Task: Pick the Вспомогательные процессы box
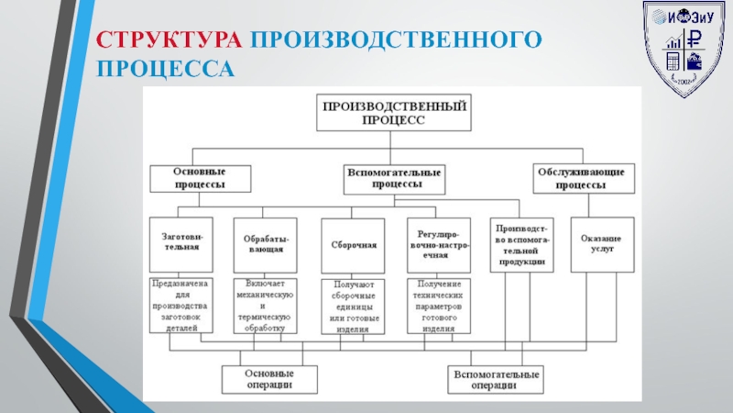pyautogui.click(x=394, y=178)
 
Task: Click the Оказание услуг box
pyautogui.click(x=602, y=243)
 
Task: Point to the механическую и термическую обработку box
pyautogui.click(x=263, y=305)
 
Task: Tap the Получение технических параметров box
pyautogui.click(x=440, y=305)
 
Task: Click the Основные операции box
pyautogui.click(x=269, y=379)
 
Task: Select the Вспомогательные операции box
pyautogui.click(x=495, y=379)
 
